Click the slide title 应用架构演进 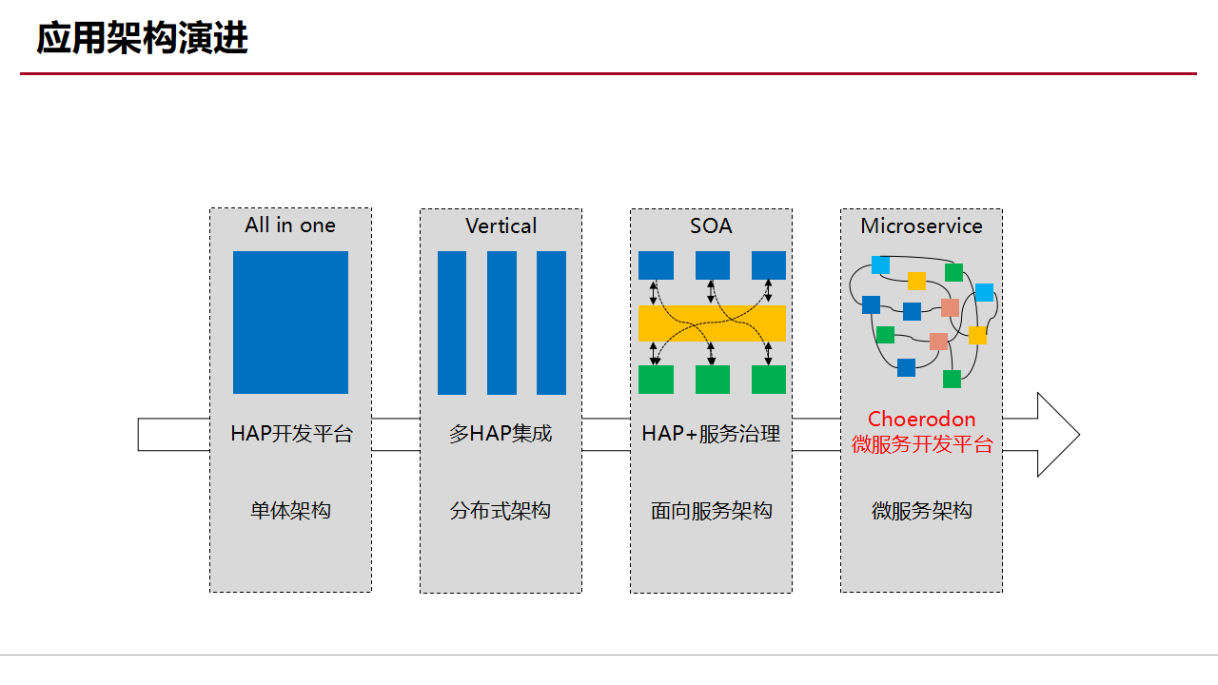point(143,39)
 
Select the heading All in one point(290,225)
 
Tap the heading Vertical point(501,225)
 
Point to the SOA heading point(711,225)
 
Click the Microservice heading point(921,225)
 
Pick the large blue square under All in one point(290,323)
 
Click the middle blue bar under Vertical point(501,323)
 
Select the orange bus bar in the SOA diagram point(712,323)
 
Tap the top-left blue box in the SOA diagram point(656,265)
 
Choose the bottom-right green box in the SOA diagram point(769,380)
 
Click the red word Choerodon point(921,420)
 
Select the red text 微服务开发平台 point(921,444)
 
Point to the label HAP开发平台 point(291,434)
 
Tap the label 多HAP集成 point(501,434)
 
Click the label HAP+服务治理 point(711,434)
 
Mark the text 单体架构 point(290,511)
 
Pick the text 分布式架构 point(501,511)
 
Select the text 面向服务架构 point(711,511)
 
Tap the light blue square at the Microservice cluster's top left point(880,264)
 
